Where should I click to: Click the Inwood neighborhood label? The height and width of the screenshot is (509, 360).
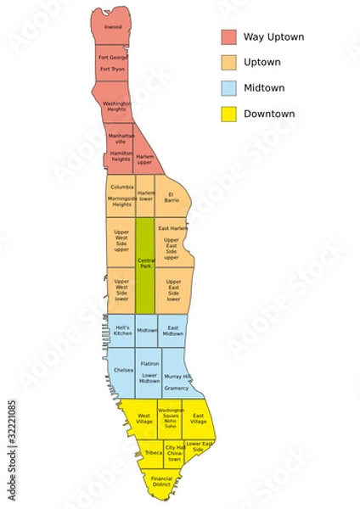113,27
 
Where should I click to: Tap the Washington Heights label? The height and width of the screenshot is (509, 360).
116,106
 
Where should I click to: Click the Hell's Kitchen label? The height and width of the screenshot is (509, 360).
122,331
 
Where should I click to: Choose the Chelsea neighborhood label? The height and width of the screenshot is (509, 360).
122,370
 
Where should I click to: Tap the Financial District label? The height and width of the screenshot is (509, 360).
161,481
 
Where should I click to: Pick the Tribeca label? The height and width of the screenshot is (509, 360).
154,453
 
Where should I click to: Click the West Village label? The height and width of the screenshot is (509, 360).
144,418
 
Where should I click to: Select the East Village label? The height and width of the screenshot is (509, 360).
199,418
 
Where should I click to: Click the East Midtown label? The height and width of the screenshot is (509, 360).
172,331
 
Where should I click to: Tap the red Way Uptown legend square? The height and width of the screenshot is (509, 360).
229,37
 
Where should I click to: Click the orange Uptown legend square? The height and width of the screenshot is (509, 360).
229,63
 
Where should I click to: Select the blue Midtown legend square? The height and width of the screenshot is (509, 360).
229,88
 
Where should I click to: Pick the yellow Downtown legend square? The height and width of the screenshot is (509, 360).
229,114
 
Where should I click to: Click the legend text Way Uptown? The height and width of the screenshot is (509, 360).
273,37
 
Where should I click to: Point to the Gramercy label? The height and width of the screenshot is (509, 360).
177,388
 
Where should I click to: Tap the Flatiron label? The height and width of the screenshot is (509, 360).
150,363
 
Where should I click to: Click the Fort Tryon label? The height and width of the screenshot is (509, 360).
112,69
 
